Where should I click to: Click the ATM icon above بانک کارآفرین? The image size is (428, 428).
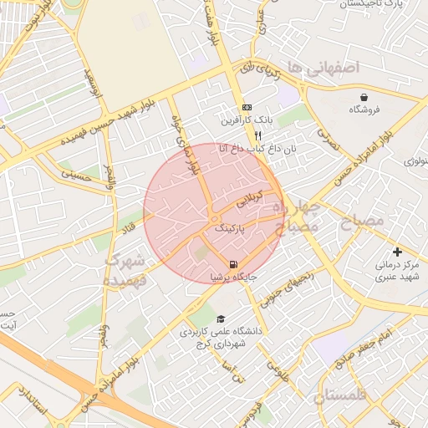tap(247, 108)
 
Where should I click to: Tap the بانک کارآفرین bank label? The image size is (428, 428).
tap(242, 121)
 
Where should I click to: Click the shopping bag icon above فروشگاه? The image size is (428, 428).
tap(364, 97)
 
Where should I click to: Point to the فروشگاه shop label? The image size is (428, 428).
tap(364, 110)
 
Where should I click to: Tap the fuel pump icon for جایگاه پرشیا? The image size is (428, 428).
tap(221, 264)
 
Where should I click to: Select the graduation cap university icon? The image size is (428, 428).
tap(221, 318)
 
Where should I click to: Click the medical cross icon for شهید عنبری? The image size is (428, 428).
tap(397, 252)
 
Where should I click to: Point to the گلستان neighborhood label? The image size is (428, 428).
tap(349, 395)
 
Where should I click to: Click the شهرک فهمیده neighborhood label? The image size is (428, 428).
tap(125, 270)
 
